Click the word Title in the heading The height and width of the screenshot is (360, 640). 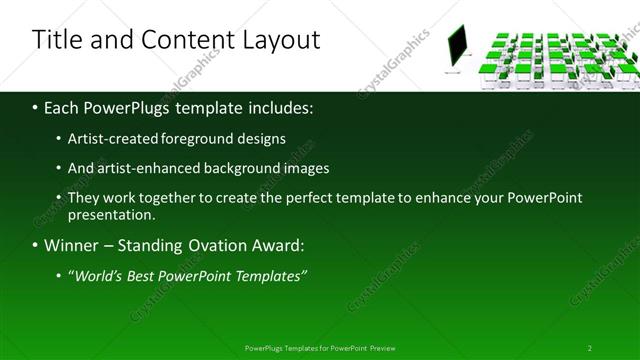(54, 40)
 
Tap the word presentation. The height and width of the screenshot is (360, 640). (111, 214)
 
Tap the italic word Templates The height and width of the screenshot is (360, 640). (269, 275)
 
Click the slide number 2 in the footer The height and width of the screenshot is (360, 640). (590, 347)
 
